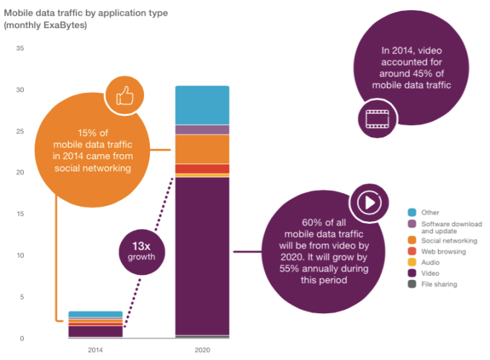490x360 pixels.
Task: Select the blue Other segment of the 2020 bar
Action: tap(202, 105)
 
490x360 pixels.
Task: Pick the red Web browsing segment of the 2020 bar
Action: tap(202, 168)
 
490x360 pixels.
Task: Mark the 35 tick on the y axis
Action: tap(20, 49)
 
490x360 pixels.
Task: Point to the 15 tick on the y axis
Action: tap(20, 214)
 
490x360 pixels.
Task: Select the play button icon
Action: tap(367, 202)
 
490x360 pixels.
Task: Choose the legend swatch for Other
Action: tap(412, 212)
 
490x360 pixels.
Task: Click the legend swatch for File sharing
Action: tap(412, 284)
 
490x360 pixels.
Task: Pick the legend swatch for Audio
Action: tap(412, 263)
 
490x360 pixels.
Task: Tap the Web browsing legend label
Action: tap(443, 252)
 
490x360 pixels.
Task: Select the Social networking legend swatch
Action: tap(412, 240)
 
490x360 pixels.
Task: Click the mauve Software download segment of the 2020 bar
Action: tap(202, 130)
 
